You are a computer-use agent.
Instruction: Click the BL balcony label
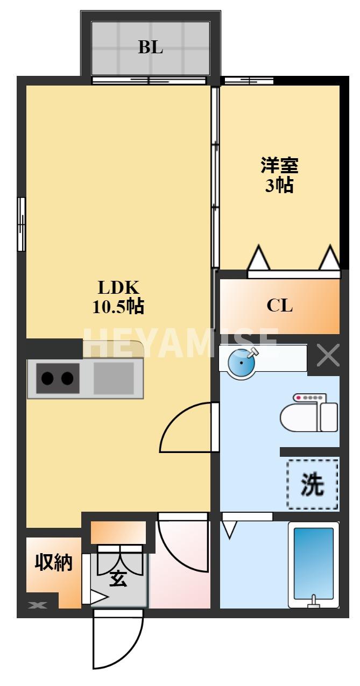151,47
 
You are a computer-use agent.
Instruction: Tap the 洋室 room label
279,165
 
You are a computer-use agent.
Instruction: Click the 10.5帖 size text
118,307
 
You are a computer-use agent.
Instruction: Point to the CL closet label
280,306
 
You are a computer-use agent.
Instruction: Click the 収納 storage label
54,563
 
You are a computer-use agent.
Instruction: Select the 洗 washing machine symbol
313,485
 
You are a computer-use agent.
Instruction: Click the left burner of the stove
47,378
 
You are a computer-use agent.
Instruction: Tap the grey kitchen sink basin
114,378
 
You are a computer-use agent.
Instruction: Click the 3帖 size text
279,186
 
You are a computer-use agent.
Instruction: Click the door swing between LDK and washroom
186,428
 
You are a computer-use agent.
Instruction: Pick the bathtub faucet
313,601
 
